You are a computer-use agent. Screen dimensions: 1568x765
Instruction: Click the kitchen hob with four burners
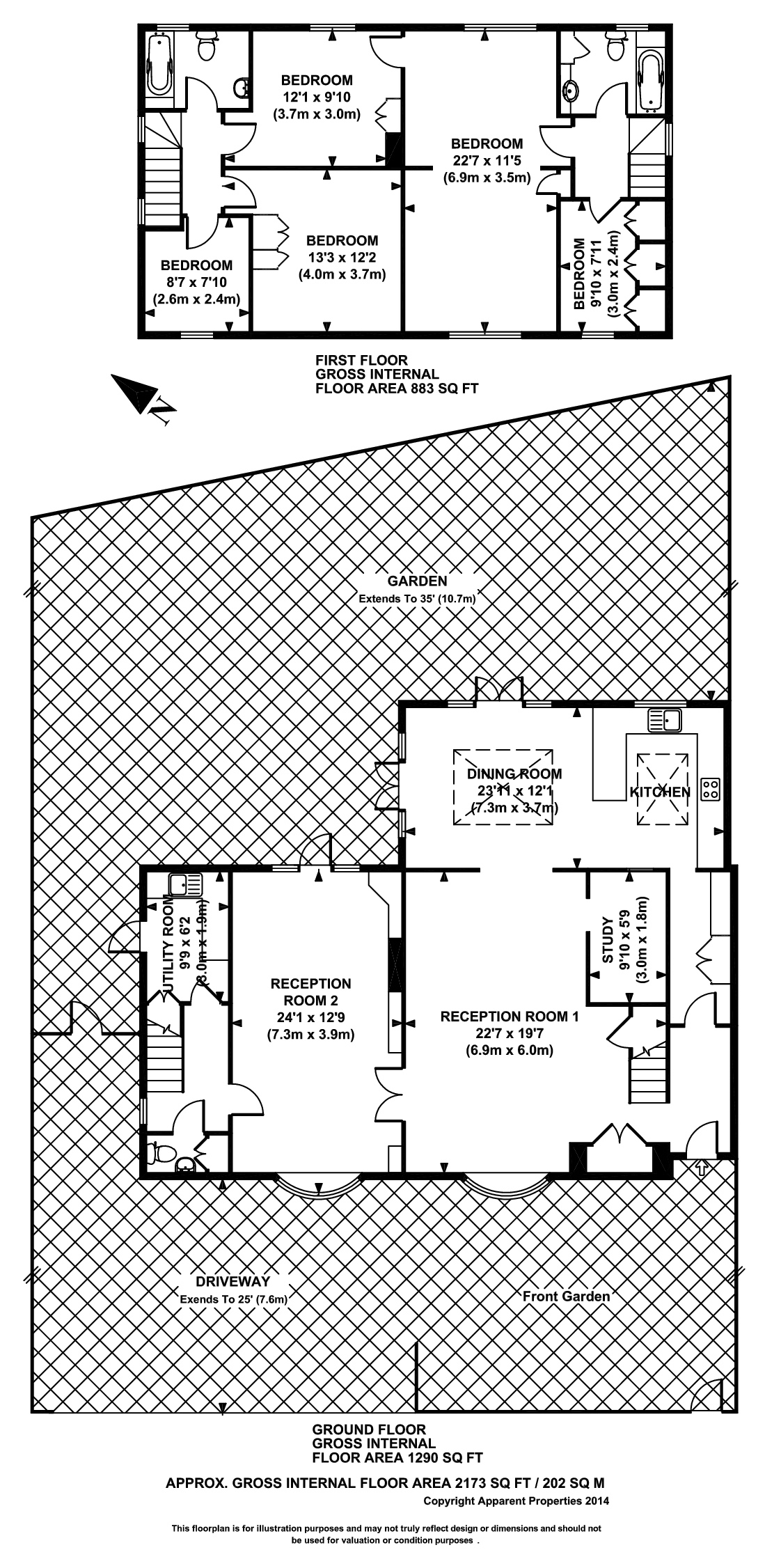pos(711,788)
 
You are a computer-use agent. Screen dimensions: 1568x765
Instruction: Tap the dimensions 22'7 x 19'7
pos(510,1033)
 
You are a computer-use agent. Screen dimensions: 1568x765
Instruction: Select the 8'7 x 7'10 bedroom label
pos(196,283)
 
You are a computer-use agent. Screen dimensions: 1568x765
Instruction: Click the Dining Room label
pos(514,774)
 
